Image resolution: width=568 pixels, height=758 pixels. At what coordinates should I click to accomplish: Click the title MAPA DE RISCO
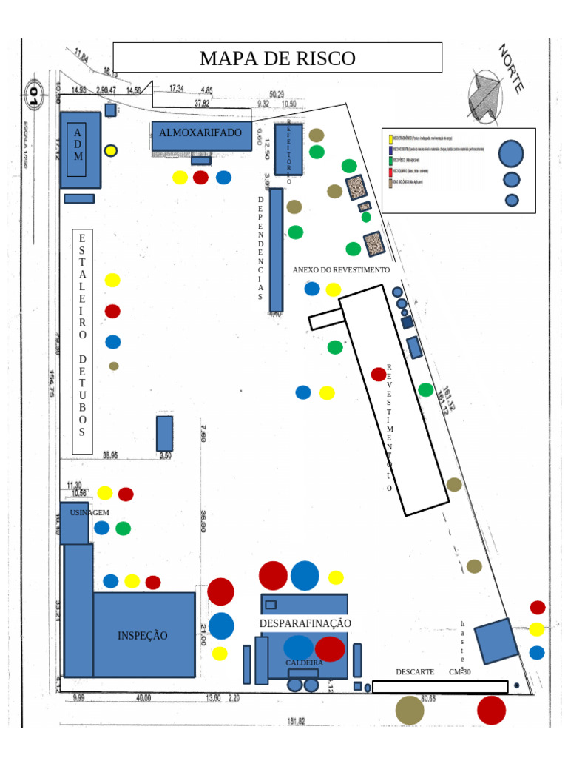[277, 58]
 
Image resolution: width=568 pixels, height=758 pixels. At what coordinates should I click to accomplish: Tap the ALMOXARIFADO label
[200, 133]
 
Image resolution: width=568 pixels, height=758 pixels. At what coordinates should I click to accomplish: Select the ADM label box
[78, 150]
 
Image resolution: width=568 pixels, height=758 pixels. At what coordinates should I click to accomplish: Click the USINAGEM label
[89, 512]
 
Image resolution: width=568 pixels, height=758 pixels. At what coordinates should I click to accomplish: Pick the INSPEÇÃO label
[143, 636]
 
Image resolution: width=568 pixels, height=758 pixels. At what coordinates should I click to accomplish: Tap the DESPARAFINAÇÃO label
[305, 623]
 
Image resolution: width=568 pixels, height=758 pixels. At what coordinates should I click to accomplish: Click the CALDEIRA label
[304, 663]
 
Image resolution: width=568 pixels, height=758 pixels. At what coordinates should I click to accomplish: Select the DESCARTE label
[415, 672]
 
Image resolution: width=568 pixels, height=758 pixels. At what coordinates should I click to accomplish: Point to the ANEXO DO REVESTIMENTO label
[341, 270]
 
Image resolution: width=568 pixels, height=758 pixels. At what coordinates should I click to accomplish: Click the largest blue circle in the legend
[510, 153]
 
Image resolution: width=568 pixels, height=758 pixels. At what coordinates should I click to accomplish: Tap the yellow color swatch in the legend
[390, 138]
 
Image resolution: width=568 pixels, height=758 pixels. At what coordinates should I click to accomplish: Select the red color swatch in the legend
[390, 170]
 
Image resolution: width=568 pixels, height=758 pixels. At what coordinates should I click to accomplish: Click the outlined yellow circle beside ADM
[111, 150]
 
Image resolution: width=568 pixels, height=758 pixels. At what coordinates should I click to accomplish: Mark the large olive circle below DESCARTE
[410, 711]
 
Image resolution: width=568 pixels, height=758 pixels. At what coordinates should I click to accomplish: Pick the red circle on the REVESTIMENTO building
[379, 375]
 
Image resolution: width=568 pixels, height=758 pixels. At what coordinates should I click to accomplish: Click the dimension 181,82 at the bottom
[297, 722]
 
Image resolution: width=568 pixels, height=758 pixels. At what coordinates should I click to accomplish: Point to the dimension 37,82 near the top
[202, 104]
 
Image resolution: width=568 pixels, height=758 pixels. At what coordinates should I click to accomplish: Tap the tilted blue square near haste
[496, 640]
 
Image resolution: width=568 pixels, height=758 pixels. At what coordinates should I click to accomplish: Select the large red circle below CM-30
[491, 711]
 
